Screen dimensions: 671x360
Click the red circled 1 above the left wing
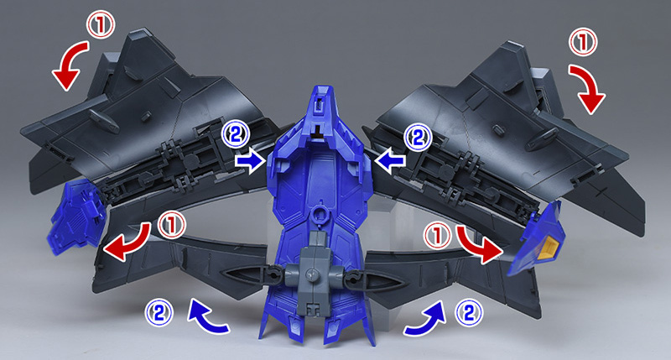(101, 24)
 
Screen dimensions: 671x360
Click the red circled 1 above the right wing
(582, 41)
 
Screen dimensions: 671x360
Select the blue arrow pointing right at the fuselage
(250, 161)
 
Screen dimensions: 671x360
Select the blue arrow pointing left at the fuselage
(389, 161)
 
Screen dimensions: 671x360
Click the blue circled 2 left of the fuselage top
(236, 135)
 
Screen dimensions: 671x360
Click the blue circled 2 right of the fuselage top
(418, 138)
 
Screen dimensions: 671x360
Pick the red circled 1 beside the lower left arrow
(172, 225)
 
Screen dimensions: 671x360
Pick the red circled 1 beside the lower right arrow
(437, 236)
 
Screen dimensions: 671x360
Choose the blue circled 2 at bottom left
(159, 312)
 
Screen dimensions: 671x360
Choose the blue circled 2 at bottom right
(469, 313)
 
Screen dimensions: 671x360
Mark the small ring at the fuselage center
(318, 213)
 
